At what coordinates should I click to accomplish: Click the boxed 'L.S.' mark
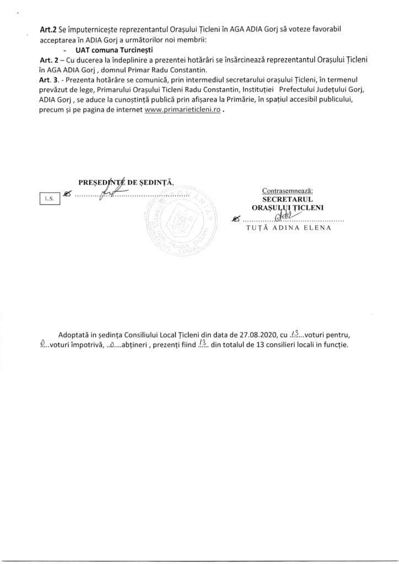(x=48, y=199)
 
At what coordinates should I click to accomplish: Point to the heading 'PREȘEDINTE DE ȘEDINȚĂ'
(x=126, y=181)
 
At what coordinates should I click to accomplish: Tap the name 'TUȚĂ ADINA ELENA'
(x=288, y=228)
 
